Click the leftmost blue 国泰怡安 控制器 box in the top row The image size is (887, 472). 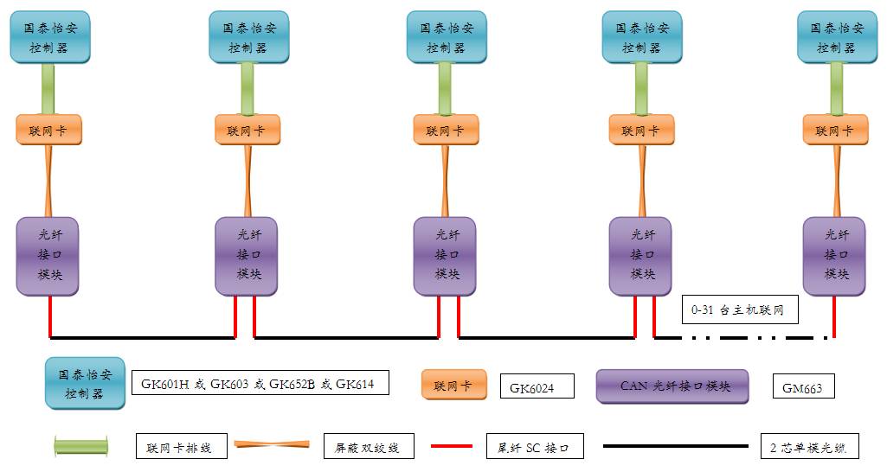point(50,37)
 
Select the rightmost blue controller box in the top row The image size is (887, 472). point(837,37)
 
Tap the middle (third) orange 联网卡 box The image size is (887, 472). point(445,131)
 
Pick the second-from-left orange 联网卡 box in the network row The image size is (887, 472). point(247,131)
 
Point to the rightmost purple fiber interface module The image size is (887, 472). point(836,255)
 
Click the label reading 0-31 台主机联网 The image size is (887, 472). point(738,309)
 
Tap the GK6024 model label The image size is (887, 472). point(537,387)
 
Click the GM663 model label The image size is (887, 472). point(803,387)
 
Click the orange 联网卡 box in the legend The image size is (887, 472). point(454,386)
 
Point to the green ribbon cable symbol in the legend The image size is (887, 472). point(81,447)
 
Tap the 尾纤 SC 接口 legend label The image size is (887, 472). point(534,448)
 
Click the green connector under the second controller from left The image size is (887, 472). point(247,88)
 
